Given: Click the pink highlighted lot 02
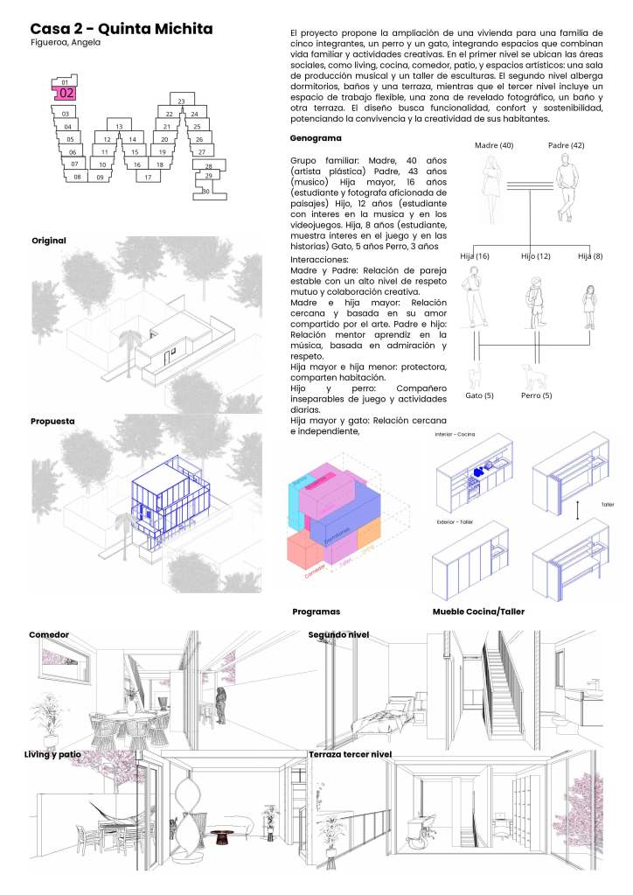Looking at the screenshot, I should pyautogui.click(x=67, y=92).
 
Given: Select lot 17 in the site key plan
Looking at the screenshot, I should pyautogui.click(x=149, y=177).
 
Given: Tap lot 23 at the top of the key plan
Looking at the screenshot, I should pyautogui.click(x=181, y=102).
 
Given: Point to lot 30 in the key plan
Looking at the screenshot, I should pyautogui.click(x=205, y=190).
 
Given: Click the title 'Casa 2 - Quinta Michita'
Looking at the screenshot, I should pyautogui.click(x=122, y=29).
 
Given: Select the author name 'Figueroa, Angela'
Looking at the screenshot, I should pyautogui.click(x=66, y=43).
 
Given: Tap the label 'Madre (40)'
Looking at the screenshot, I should pyautogui.click(x=494, y=144).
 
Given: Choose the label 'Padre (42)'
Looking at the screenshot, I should pyautogui.click(x=567, y=144).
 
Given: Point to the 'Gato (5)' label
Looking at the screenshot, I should pyautogui.click(x=479, y=395).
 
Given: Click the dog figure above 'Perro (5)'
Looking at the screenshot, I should pyautogui.click(x=532, y=374).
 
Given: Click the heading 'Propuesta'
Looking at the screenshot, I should pyautogui.click(x=52, y=421).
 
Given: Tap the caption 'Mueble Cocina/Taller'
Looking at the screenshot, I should pyautogui.click(x=478, y=612).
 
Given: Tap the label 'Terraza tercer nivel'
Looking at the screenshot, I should pyautogui.click(x=350, y=753).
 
